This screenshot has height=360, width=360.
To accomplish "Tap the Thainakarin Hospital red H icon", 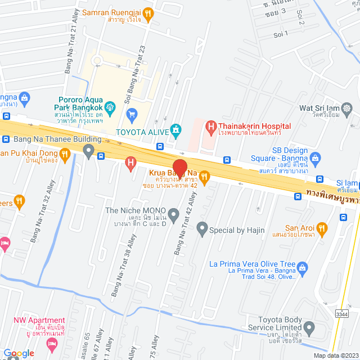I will tap(210, 127).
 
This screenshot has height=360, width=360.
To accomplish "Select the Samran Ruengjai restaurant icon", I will tap(147, 12).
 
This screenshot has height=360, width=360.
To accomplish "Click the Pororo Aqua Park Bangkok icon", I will tap(110, 105).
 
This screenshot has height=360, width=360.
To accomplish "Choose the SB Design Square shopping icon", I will tap(314, 157).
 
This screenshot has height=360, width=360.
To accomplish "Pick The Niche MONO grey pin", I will tap(174, 214).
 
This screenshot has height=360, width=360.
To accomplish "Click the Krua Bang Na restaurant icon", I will tap(204, 177).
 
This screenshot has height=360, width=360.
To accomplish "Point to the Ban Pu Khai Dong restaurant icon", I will tap(66, 154).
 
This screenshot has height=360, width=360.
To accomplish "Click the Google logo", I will tap(19, 353).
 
